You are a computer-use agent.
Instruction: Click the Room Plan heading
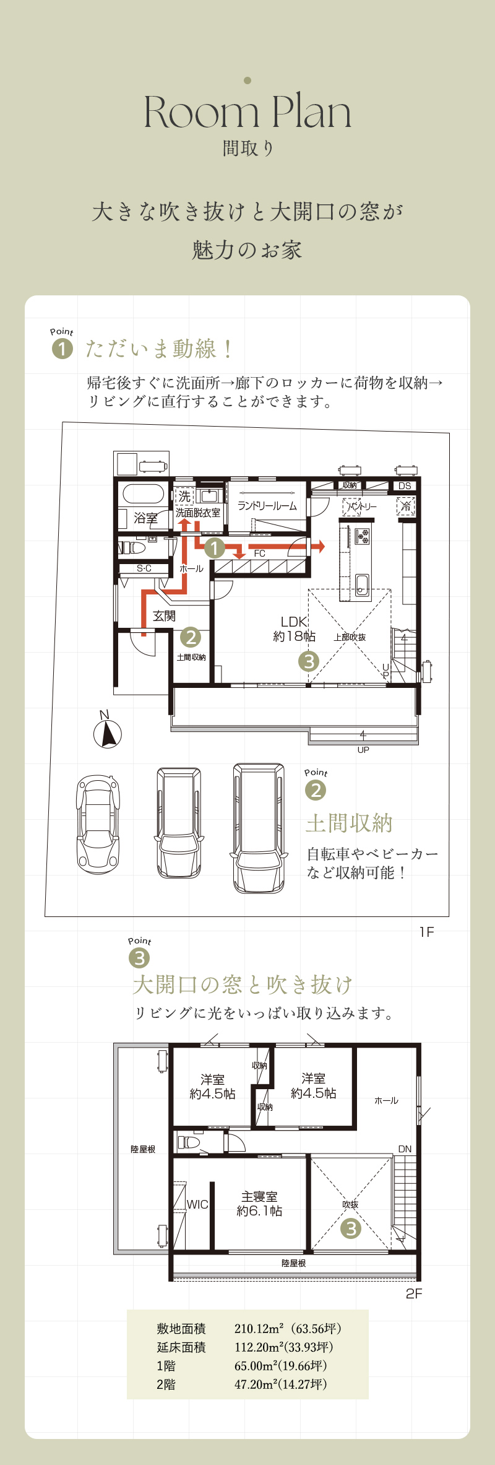point(247,113)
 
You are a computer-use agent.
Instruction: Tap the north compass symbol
point(107,731)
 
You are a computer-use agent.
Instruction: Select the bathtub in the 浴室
point(144,493)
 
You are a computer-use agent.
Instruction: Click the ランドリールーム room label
point(267,506)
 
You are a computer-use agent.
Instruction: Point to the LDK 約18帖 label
point(295,628)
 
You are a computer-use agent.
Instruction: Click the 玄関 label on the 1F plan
point(165,615)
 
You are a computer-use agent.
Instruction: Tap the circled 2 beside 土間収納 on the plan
point(191,637)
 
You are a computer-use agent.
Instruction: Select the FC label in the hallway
point(260,554)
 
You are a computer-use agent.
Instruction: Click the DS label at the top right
point(405,486)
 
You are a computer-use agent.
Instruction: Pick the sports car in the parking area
point(98,824)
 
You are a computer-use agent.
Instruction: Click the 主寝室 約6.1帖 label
point(259,1204)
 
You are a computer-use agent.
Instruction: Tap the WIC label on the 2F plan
point(197,1204)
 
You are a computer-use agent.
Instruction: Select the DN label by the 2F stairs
point(405,1149)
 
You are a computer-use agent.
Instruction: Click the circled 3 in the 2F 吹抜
point(351,1228)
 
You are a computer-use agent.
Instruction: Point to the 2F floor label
point(414,1293)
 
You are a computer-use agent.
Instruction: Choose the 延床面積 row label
point(181,1347)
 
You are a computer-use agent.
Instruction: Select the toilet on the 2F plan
point(189,1141)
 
